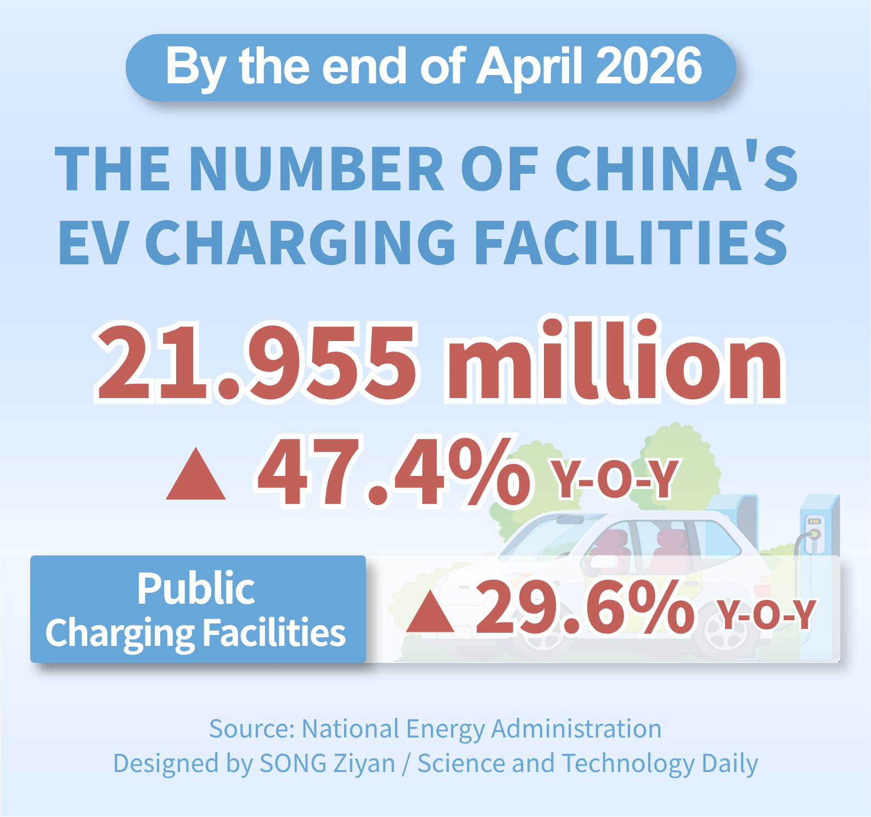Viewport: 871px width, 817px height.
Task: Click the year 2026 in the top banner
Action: click(x=648, y=66)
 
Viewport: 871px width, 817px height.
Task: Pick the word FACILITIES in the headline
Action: click(x=631, y=242)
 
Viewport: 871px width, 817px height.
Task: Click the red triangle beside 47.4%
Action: click(x=196, y=474)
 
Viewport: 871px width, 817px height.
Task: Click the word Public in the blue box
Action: click(x=196, y=588)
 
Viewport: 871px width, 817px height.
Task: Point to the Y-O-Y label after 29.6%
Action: click(x=767, y=615)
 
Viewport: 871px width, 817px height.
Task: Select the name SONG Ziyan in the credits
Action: click(x=327, y=763)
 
